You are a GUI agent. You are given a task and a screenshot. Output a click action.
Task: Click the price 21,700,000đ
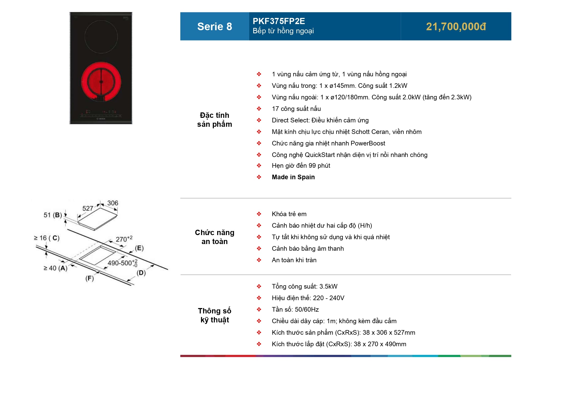click(456, 27)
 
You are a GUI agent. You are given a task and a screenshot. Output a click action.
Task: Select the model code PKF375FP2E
click(279, 21)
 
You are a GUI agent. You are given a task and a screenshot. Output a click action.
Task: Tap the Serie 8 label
click(215, 27)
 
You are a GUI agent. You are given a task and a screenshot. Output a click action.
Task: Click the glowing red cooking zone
click(101, 82)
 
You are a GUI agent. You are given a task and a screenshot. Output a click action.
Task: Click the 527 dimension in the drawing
click(87, 208)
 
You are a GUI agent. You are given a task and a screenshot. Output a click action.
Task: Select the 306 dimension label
click(113, 203)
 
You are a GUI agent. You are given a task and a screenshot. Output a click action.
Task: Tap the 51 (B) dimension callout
click(53, 215)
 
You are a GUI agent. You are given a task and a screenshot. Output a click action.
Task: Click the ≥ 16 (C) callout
click(47, 238)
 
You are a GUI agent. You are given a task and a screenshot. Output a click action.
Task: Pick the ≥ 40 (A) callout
click(55, 268)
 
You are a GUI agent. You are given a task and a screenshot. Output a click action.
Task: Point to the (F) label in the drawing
click(90, 278)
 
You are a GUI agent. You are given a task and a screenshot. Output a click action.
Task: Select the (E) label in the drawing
click(139, 248)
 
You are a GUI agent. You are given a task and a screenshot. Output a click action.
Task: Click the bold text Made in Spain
click(293, 177)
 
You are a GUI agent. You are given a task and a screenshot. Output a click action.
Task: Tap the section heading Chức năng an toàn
click(215, 237)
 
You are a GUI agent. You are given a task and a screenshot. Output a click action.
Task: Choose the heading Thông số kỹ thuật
click(215, 315)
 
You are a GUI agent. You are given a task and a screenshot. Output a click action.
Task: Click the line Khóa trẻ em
click(289, 214)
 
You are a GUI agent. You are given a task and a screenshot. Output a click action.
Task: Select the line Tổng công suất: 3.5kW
click(304, 287)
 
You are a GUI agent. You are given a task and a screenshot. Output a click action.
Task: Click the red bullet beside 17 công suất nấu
click(259, 109)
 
